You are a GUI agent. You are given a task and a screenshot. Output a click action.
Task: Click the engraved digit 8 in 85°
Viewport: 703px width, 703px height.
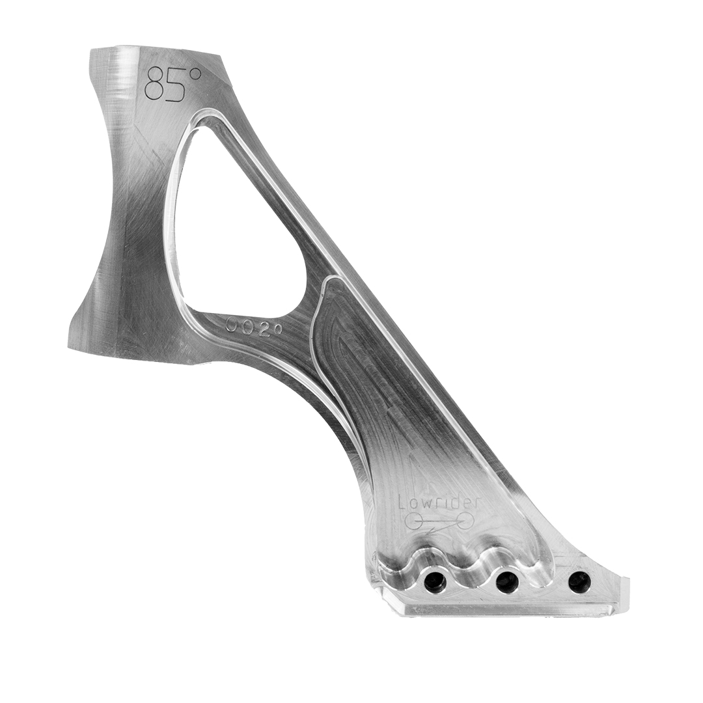[154, 83]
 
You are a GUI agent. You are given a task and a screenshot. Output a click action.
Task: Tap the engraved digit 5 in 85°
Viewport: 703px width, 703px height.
[175, 84]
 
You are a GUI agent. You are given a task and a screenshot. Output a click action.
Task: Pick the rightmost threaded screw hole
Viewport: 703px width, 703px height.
[579, 581]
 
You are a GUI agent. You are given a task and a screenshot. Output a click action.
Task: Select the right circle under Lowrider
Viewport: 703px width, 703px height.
[465, 521]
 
